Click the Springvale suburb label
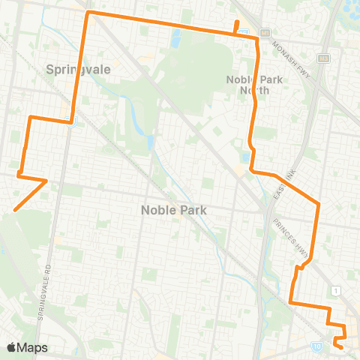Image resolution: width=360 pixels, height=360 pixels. (79, 68)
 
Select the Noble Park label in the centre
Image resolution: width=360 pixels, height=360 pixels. (173, 211)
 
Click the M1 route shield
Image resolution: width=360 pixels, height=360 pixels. (265, 33)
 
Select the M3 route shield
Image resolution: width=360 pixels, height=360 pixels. (324, 58)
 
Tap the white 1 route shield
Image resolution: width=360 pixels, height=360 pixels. (338, 289)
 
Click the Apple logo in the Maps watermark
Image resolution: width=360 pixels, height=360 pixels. (11, 347)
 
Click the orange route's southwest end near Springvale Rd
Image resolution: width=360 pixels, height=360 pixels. (14, 211)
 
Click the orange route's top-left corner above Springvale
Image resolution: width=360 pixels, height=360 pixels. (88, 13)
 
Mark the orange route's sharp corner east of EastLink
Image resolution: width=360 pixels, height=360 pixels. (319, 203)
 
